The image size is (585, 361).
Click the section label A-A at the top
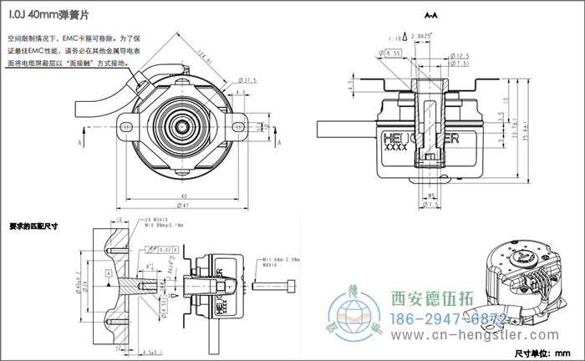coord(432,16)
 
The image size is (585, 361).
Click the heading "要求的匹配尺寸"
coord(33,225)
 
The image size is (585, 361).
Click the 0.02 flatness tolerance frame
coord(165,249)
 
